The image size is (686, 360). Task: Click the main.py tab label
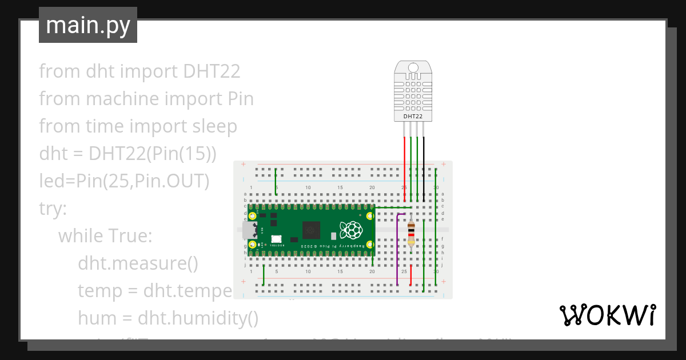87,25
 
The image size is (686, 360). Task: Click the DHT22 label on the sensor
413,116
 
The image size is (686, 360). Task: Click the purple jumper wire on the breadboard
397,251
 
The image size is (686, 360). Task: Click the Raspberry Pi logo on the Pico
351,230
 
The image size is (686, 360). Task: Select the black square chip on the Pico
312,230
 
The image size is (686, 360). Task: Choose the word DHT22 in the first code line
212,71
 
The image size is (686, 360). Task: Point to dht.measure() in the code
138,263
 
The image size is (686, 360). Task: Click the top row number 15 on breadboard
340,187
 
